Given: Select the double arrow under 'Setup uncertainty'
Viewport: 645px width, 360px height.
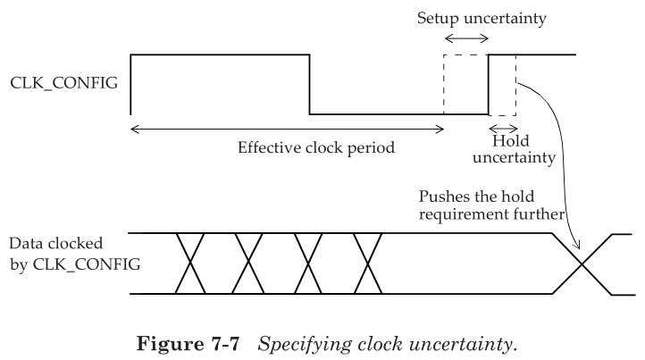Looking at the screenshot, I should click(x=466, y=39).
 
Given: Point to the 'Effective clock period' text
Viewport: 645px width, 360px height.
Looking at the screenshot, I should click(x=316, y=148).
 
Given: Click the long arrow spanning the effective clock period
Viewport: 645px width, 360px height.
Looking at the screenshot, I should click(x=287, y=129).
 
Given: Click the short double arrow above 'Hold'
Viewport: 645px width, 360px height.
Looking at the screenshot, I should click(x=502, y=127).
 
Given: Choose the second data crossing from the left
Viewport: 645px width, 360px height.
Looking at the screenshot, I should click(x=251, y=264).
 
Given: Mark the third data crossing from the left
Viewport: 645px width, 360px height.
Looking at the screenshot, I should click(x=308, y=264).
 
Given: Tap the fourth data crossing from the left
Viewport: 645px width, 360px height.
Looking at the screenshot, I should click(x=366, y=264).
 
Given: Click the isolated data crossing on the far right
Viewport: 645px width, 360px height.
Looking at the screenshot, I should click(x=582, y=264).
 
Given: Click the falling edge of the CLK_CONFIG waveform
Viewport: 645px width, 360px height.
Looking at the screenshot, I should click(x=310, y=85).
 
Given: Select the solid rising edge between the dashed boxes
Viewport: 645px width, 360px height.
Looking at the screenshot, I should click(x=489, y=85).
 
